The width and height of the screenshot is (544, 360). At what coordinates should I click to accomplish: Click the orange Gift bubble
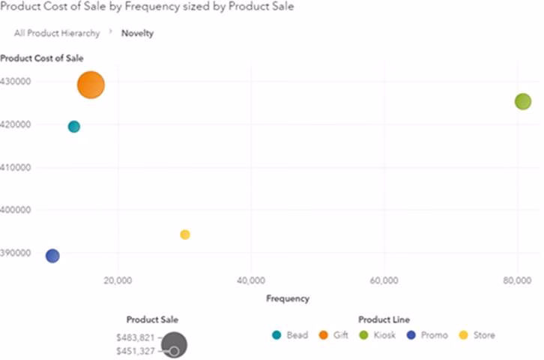(91, 85)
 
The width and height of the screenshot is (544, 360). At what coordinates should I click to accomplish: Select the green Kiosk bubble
(523, 101)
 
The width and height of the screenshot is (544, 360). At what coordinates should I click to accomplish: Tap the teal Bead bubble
(74, 127)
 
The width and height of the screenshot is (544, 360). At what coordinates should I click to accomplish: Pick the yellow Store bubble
(185, 235)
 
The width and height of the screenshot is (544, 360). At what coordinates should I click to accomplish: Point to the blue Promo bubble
(52, 256)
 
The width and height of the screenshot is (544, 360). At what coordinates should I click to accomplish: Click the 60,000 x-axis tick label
(384, 280)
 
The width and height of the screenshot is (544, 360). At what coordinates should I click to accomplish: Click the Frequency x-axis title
(288, 298)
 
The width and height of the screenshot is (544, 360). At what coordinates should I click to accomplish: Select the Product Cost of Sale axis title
(42, 58)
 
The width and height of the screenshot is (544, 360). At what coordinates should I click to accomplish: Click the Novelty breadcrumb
(138, 34)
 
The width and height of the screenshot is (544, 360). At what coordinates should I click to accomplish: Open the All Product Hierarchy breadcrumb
(57, 34)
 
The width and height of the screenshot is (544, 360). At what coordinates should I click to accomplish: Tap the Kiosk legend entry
(378, 335)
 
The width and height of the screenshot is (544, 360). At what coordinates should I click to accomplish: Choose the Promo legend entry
(426, 335)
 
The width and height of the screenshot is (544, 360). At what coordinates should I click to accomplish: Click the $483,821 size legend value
(136, 337)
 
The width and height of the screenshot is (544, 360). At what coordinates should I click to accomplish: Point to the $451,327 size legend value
(136, 351)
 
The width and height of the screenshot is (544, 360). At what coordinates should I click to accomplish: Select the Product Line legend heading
(384, 319)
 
